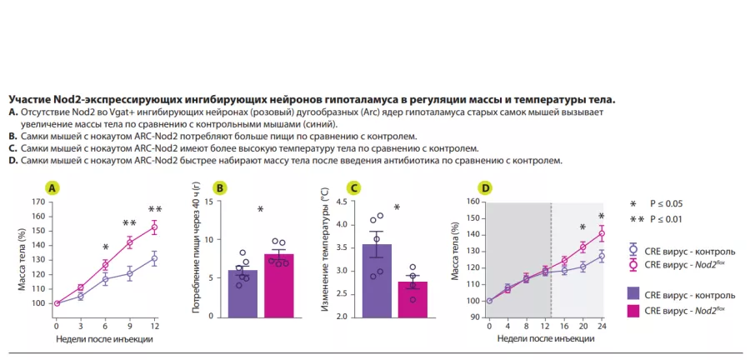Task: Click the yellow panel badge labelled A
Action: click(x=53, y=188)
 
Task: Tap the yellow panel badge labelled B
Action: click(x=220, y=188)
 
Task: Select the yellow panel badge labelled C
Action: click(x=354, y=188)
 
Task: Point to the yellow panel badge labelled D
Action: click(x=486, y=188)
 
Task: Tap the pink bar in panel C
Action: click(x=412, y=299)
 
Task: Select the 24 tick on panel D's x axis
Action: click(x=601, y=327)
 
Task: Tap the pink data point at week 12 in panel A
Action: click(x=154, y=227)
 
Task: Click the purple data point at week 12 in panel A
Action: click(x=154, y=258)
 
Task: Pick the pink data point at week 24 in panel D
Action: click(x=601, y=233)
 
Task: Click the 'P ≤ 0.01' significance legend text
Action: click(x=667, y=219)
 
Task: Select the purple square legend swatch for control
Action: click(x=633, y=294)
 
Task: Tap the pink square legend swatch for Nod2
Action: click(x=633, y=310)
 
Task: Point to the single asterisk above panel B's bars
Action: click(x=260, y=210)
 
